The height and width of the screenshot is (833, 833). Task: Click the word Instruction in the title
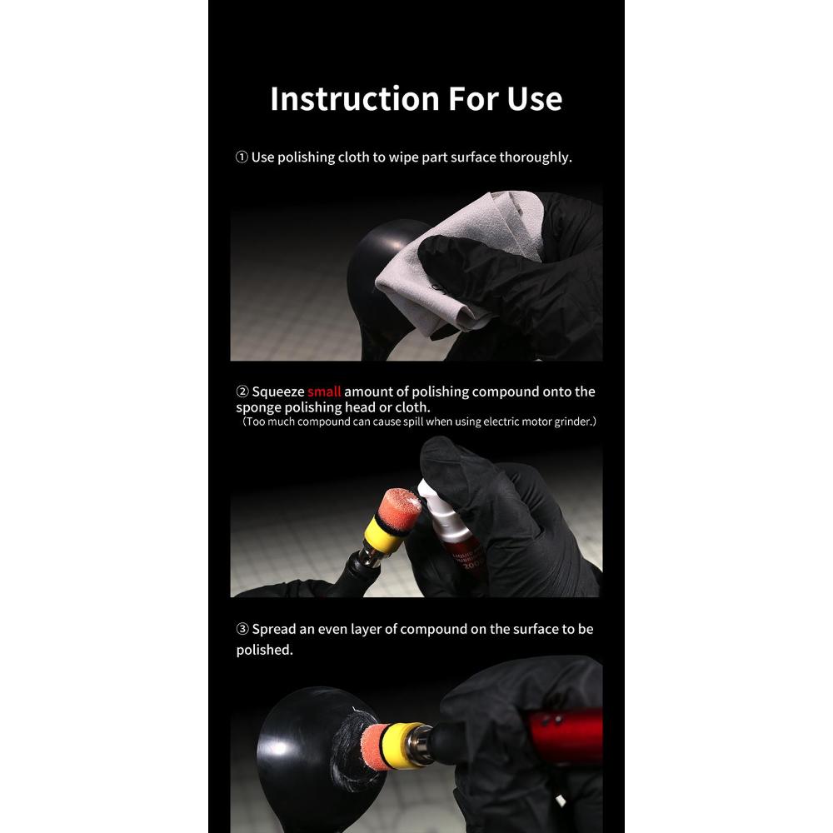point(355,99)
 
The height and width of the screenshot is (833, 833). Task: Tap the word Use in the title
point(535,99)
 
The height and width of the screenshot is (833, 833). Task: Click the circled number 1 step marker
point(242,157)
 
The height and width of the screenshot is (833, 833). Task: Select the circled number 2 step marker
point(242,392)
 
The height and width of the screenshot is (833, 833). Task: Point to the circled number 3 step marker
point(242,629)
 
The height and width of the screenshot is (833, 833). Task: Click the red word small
point(324,392)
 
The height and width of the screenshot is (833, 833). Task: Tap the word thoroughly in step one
point(534,157)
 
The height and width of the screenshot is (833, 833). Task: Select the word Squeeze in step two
point(278,392)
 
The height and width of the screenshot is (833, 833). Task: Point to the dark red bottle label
point(461,561)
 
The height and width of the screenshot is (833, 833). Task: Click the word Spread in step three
point(273,630)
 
